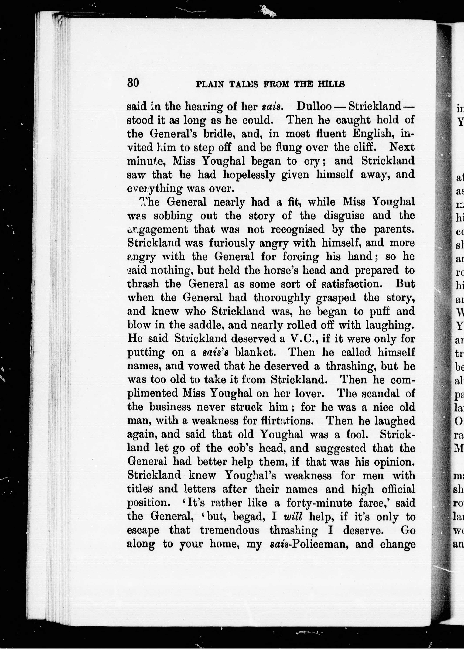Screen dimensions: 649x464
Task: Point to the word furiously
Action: (232, 243)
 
